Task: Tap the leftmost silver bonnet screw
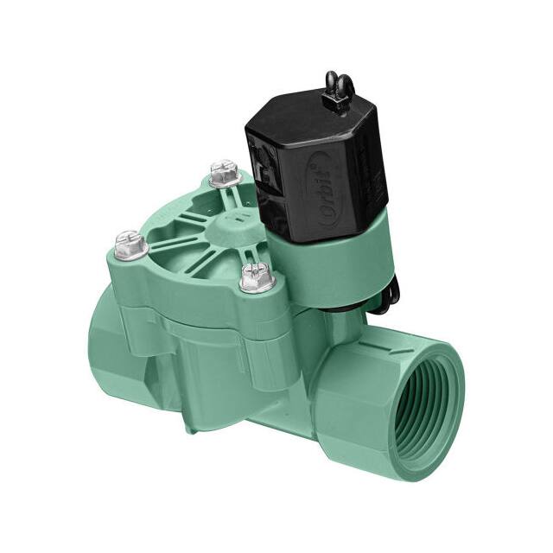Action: (x=130, y=244)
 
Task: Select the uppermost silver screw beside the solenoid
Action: (x=226, y=175)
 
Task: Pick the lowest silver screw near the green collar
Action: (x=257, y=278)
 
